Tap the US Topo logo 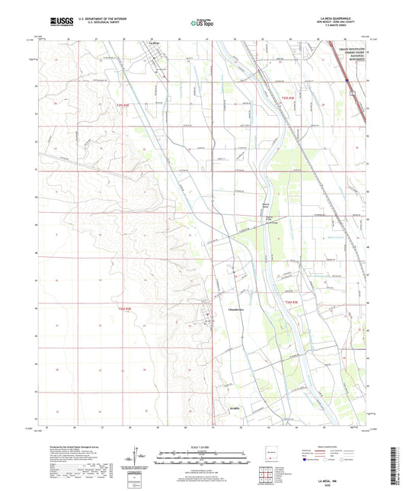[200, 24]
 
